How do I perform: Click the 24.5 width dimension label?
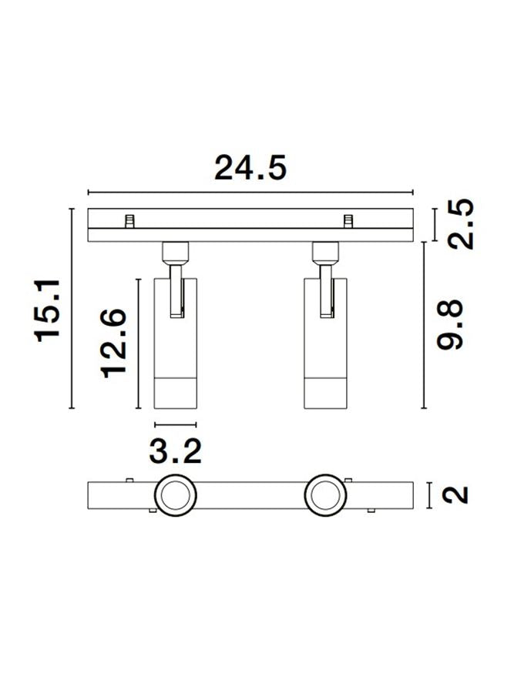point(250,168)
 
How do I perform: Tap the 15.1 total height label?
point(48,310)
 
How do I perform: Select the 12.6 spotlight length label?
point(113,344)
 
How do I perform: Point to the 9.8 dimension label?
point(449,325)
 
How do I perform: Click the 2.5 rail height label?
point(460,224)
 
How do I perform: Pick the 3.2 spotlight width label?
point(176,451)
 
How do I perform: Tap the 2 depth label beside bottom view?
point(455,495)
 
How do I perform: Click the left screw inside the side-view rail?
point(129,221)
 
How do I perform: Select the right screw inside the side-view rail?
point(348,221)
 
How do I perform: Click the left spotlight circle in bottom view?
point(176,496)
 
